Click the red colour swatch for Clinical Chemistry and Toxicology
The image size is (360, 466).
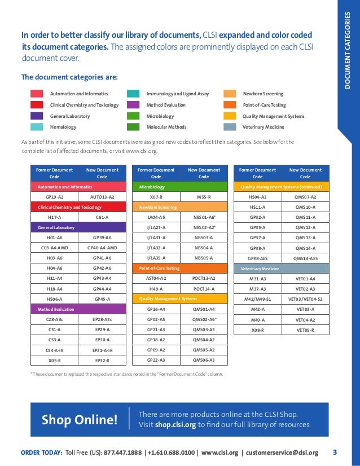tap(37, 105)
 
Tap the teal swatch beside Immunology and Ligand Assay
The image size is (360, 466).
tap(134, 94)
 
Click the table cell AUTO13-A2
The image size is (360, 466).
tap(102, 197)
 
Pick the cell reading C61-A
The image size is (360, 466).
tap(102, 217)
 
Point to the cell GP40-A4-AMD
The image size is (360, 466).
tap(102, 248)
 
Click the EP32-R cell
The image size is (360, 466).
tap(102, 360)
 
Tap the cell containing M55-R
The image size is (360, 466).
tap(204, 197)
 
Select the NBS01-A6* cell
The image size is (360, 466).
tap(204, 217)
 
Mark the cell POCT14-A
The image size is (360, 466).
tap(204, 288)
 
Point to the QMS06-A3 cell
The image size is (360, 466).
tap(204, 360)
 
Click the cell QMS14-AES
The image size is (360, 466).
tap(305, 258)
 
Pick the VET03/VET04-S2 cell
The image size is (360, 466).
tap(305, 298)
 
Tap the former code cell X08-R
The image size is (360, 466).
tap(258, 329)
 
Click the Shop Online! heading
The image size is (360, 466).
tap(80, 420)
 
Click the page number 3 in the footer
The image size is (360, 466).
tap(335, 452)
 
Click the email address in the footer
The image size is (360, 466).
tap(283, 452)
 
